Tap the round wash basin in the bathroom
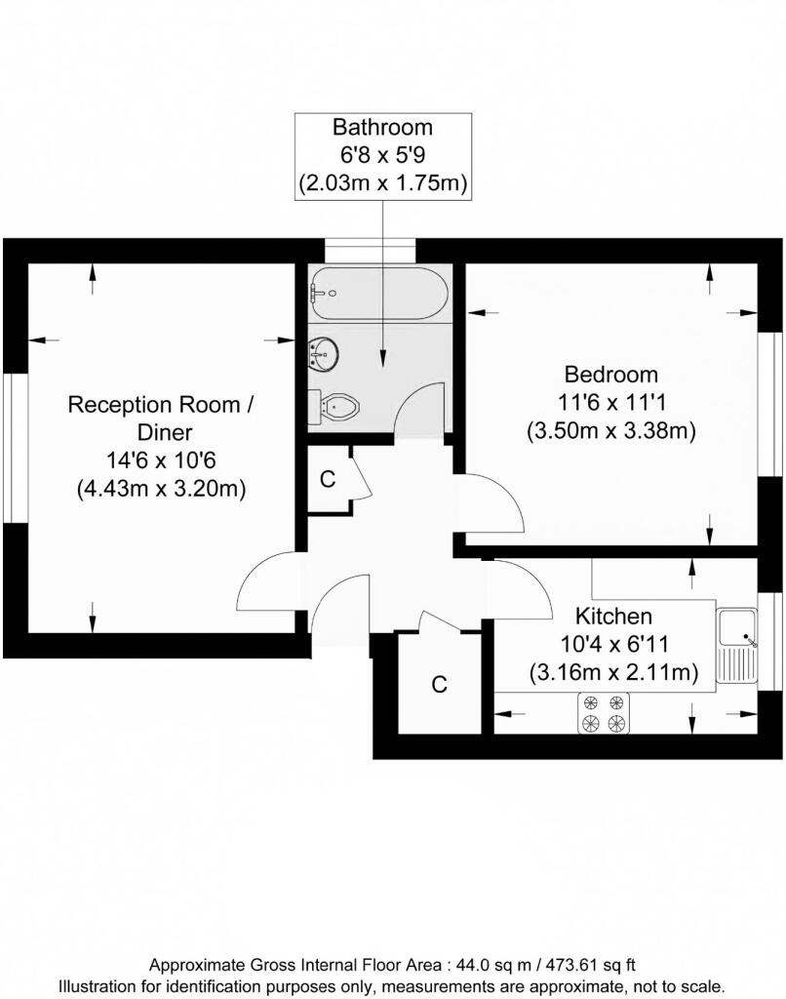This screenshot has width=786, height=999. coord(324,352)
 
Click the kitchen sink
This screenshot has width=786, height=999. coord(737,644)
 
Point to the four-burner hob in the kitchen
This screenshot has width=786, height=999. coord(603,712)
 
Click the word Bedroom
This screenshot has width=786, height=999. coord(611,375)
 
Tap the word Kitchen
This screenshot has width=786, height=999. coord(612,617)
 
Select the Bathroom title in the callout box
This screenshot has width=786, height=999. coord(382,127)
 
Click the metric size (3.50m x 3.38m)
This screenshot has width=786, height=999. coord(611,430)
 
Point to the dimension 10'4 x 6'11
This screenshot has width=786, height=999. coord(612,644)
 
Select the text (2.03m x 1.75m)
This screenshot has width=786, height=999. coord(382,181)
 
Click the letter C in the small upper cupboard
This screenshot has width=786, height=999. coord(328,479)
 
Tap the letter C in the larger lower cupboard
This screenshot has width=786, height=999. coord(440,685)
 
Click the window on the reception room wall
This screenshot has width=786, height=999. coord(12,448)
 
